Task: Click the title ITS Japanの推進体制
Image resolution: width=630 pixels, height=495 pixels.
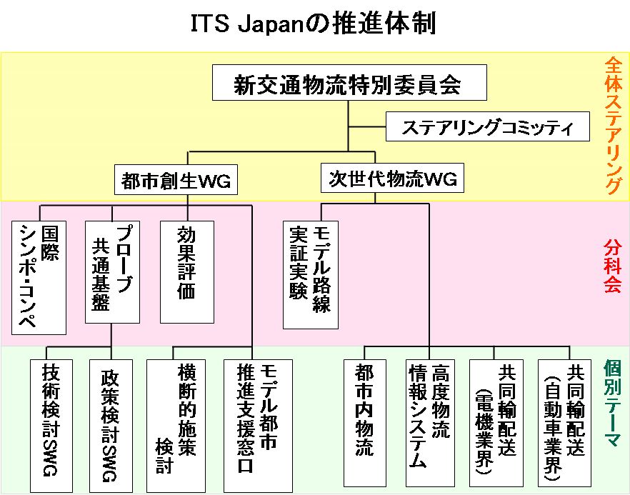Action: (x=314, y=23)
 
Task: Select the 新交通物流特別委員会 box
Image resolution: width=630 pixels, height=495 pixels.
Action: (x=349, y=84)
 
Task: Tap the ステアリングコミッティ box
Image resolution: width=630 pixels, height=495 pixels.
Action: (x=489, y=128)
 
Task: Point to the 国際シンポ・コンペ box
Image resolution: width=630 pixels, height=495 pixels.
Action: (x=39, y=278)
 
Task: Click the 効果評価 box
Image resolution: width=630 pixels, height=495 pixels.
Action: (x=187, y=272)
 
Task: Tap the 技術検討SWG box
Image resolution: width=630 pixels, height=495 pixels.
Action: (x=49, y=422)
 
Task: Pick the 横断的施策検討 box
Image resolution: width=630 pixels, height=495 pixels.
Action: (x=175, y=422)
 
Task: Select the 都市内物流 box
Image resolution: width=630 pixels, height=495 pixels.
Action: (x=364, y=421)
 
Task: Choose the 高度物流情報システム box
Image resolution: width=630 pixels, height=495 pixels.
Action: (x=430, y=421)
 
